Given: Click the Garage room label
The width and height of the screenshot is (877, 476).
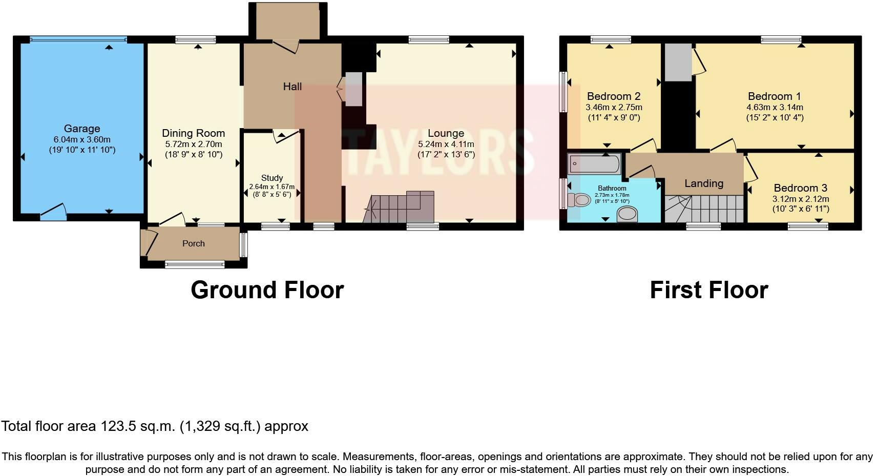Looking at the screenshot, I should coord(82,129).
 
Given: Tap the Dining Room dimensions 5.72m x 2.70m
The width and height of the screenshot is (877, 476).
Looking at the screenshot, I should coord(193,144).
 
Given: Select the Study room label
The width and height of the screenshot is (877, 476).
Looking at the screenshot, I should coord(272,178).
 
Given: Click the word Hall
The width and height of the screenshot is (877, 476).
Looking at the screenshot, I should coord(293,87).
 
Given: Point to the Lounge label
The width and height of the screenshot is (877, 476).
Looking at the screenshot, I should coord(446,133).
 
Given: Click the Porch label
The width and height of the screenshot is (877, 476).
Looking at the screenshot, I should coord(193,243).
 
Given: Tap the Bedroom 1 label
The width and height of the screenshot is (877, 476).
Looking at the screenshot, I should coord(774,96).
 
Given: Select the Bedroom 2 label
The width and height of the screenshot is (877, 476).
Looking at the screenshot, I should coord(614,96).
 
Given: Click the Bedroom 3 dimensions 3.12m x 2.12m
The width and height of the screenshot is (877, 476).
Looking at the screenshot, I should coord(800,199).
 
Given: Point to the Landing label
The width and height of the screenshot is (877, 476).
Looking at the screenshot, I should coord(704,183).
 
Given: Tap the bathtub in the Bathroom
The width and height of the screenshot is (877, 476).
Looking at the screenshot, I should coord(594,164).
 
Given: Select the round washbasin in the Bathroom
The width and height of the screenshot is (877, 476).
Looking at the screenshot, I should coord(628,214).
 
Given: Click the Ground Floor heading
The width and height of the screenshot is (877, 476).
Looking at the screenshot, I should coord(267,290).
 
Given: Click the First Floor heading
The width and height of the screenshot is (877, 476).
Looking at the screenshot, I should coord(708,290).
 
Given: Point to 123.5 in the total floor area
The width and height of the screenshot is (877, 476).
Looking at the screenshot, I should coord(117,426).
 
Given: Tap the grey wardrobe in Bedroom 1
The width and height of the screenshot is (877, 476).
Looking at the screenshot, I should coord(678,62).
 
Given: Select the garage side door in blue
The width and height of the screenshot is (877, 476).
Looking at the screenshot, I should coord(53,213).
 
